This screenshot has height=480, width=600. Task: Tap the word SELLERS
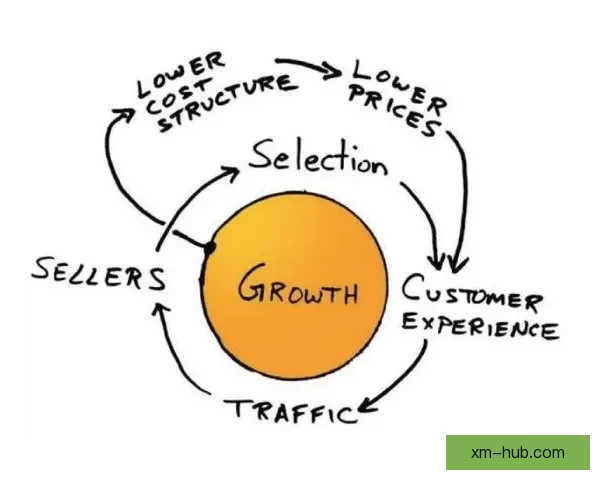[x=98, y=273]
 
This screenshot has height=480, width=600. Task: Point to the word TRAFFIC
[x=291, y=409]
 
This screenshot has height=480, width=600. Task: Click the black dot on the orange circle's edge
[x=210, y=247]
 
